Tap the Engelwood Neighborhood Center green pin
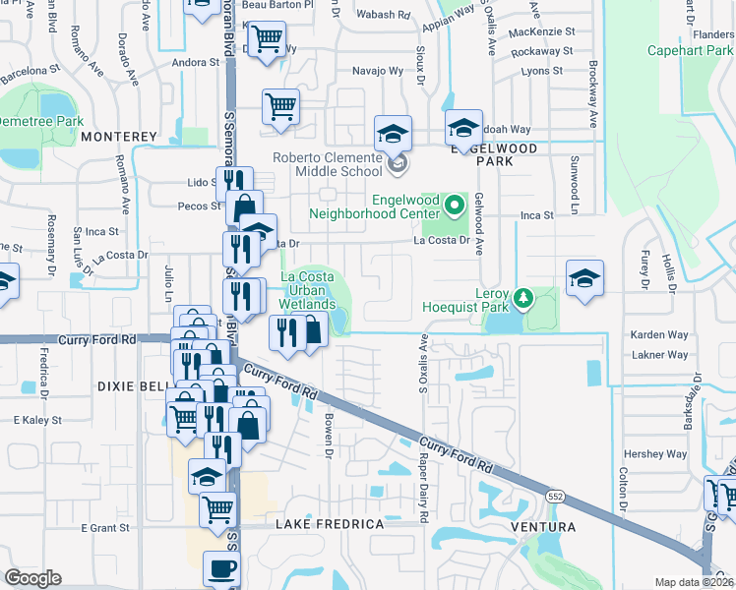click(x=454, y=206)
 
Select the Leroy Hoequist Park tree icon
click(x=524, y=296)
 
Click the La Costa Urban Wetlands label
click(x=308, y=291)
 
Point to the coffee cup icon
click(x=221, y=568)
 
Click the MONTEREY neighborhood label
click(x=119, y=136)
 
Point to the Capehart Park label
click(x=691, y=50)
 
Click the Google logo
click(x=32, y=578)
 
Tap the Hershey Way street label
click(x=658, y=454)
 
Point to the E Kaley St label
click(x=38, y=420)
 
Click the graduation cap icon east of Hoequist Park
click(x=584, y=278)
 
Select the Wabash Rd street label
click(x=384, y=15)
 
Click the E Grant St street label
click(x=104, y=528)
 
